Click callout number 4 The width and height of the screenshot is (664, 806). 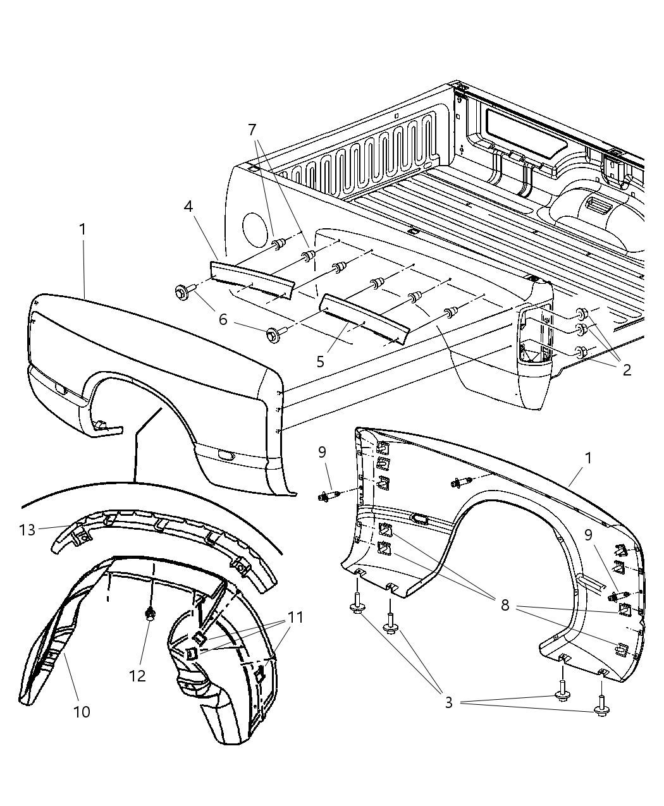click(188, 207)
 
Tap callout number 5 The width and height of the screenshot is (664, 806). click(321, 361)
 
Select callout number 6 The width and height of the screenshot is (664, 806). click(223, 320)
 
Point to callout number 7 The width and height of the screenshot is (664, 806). click(252, 130)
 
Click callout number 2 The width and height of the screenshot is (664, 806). click(627, 370)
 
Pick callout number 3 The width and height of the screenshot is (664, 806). click(448, 702)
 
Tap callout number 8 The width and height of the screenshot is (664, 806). click(505, 606)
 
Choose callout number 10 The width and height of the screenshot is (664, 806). click(82, 711)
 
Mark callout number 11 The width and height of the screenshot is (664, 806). click(295, 617)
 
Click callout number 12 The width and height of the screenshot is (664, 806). click(137, 675)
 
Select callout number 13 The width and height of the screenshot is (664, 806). click(28, 530)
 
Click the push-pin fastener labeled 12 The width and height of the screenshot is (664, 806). click(151, 613)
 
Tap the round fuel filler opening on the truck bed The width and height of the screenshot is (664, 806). click(256, 228)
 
